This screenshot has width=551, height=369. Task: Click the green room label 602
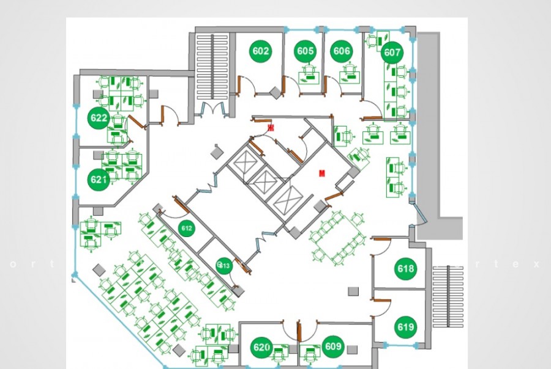point(261,51)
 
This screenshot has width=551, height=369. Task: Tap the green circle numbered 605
point(305,51)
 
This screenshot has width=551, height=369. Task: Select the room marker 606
point(342,51)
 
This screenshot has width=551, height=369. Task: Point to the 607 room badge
point(392,53)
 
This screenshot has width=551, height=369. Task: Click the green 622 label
point(99,118)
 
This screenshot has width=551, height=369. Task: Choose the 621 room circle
point(99,180)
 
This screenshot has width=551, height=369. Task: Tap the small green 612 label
point(187,228)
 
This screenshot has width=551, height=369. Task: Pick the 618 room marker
point(405,269)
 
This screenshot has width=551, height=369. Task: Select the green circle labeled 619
point(405,327)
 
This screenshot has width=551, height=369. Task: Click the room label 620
point(261,348)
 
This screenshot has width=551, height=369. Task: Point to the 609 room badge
point(333,347)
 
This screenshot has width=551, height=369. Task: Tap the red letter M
point(321,174)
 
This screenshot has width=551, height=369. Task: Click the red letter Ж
point(271,128)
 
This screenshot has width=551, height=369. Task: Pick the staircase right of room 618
point(448,287)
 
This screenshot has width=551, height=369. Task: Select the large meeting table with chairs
point(337,237)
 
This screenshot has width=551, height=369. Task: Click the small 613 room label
point(223,265)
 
